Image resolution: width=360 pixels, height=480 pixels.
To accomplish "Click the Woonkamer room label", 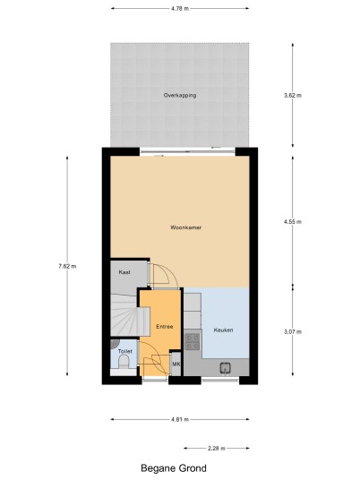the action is pyautogui.click(x=185, y=227).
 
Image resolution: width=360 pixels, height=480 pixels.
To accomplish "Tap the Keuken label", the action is pyautogui.click(x=223, y=330).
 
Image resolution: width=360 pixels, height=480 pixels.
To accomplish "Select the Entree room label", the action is pyautogui.click(x=165, y=327).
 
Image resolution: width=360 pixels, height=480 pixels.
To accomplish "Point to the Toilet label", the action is pyautogui.click(x=124, y=351).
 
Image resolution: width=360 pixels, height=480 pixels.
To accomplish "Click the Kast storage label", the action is pyautogui.click(x=124, y=272).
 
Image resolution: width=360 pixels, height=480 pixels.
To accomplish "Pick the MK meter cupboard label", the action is pyautogui.click(x=176, y=364).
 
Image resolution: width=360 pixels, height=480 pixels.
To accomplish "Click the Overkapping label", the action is pyautogui.click(x=180, y=95).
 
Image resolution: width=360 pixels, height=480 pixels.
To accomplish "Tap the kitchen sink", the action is pyautogui.click(x=226, y=368).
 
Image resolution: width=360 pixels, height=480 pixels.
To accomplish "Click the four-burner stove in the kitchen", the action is pyautogui.click(x=193, y=341).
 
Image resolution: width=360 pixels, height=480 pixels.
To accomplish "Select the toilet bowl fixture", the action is pyautogui.click(x=124, y=364).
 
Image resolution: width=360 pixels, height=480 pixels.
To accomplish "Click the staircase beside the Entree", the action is pyautogui.click(x=130, y=315).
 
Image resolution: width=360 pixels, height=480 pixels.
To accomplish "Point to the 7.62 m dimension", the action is pyautogui.click(x=67, y=266).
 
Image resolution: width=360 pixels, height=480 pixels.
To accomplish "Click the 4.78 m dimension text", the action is pyautogui.click(x=180, y=9).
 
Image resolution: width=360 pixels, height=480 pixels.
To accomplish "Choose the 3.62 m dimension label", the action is pyautogui.click(x=293, y=95).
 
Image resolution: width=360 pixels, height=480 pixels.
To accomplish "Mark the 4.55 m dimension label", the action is pyautogui.click(x=293, y=221).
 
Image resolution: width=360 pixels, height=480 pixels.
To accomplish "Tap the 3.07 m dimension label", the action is pyautogui.click(x=293, y=331).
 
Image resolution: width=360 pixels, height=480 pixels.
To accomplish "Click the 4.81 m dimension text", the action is pyautogui.click(x=180, y=419).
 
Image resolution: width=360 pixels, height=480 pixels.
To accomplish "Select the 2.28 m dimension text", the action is pyautogui.click(x=217, y=449).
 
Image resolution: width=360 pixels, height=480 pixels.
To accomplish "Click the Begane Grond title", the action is pyautogui.click(x=174, y=468).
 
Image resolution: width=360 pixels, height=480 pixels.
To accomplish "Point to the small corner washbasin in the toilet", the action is pyautogui.click(x=114, y=343).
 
